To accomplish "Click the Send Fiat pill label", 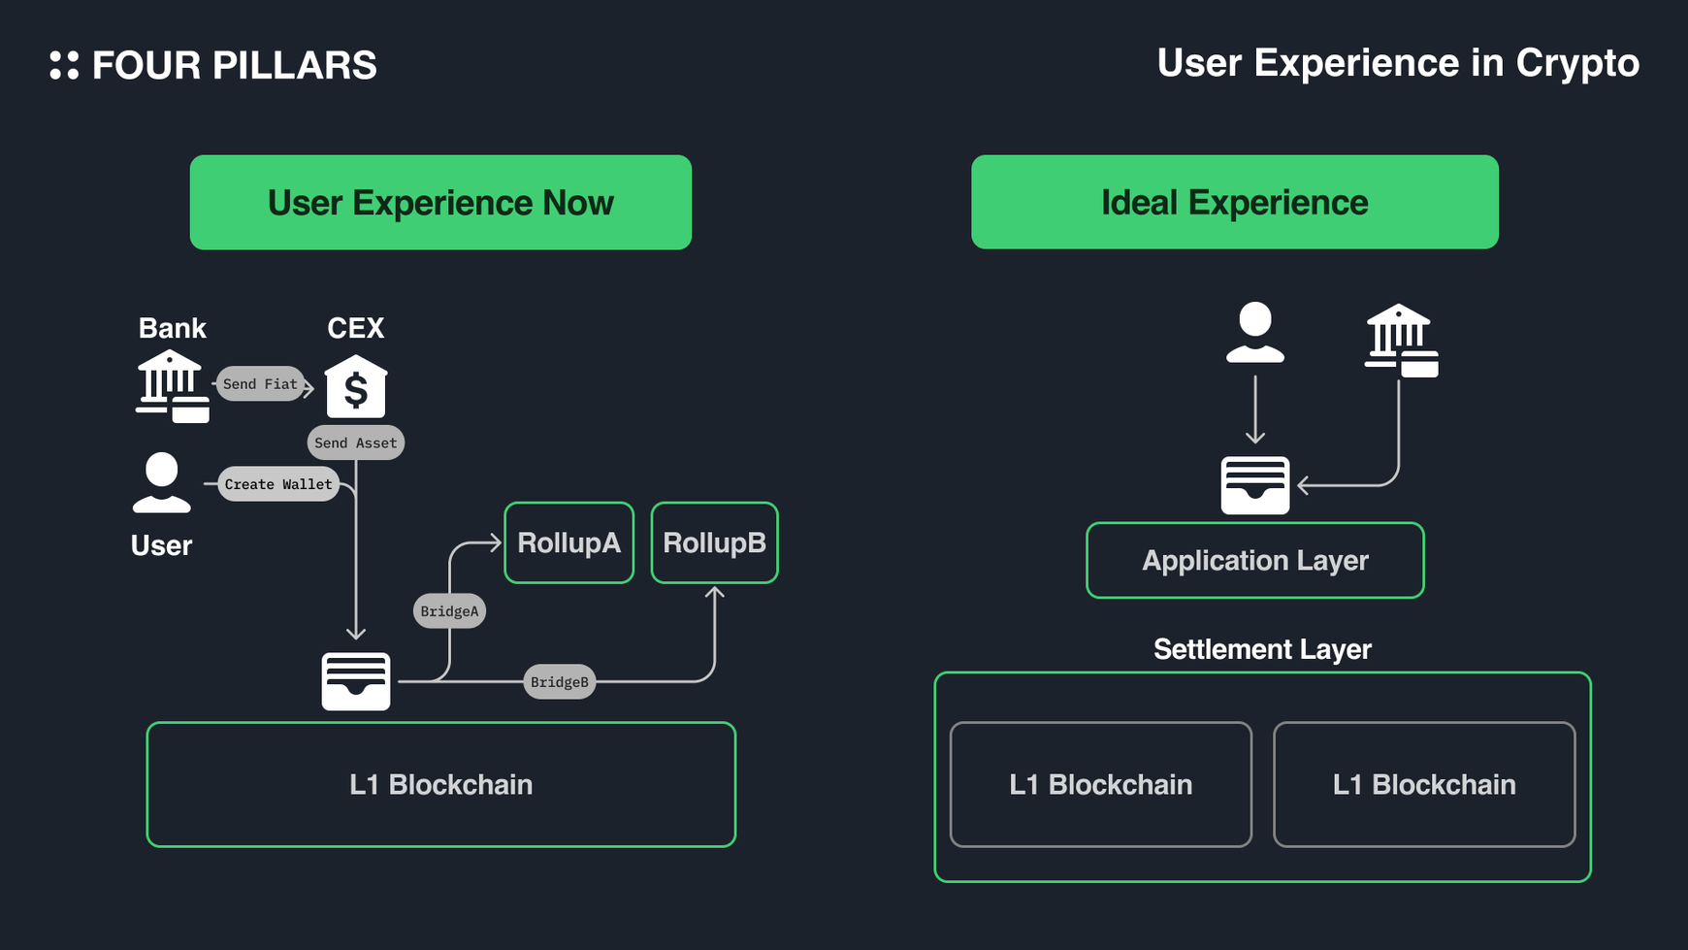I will [260, 384].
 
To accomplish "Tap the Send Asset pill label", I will [355, 442].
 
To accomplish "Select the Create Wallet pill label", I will [278, 484].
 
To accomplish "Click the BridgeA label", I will [449, 611].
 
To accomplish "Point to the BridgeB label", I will [560, 682].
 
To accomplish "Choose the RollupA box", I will [568, 542].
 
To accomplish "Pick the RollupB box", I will [714, 542].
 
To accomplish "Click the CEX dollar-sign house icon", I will [356, 387].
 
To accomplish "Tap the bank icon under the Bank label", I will [172, 386].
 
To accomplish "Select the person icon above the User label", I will [161, 482].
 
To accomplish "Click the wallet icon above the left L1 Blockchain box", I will [356, 681].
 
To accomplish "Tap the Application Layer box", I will [1254, 561].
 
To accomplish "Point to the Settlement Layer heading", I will [1261, 649].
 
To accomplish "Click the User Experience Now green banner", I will [440, 203].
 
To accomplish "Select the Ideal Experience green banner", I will [1234, 202].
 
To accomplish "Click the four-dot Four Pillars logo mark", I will [64, 65].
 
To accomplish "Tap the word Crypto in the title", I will [1577, 64].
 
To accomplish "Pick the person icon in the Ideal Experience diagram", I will [1254, 333].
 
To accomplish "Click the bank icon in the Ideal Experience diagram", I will [1400, 341].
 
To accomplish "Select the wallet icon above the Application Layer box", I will [1254, 485].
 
